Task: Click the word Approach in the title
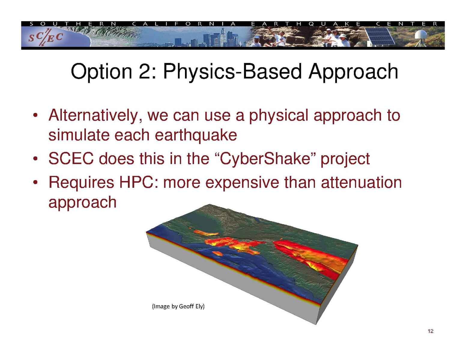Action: pyautogui.click(x=353, y=72)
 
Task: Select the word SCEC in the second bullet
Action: pyautogui.click(x=71, y=159)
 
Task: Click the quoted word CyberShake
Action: pyautogui.click(x=265, y=159)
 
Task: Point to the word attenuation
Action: pyautogui.click(x=361, y=183)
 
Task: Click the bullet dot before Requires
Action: pyautogui.click(x=35, y=183)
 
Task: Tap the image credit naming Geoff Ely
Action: pyautogui.click(x=178, y=306)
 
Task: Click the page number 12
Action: pyautogui.click(x=430, y=331)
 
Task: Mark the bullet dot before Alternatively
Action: pyautogui.click(x=35, y=116)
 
